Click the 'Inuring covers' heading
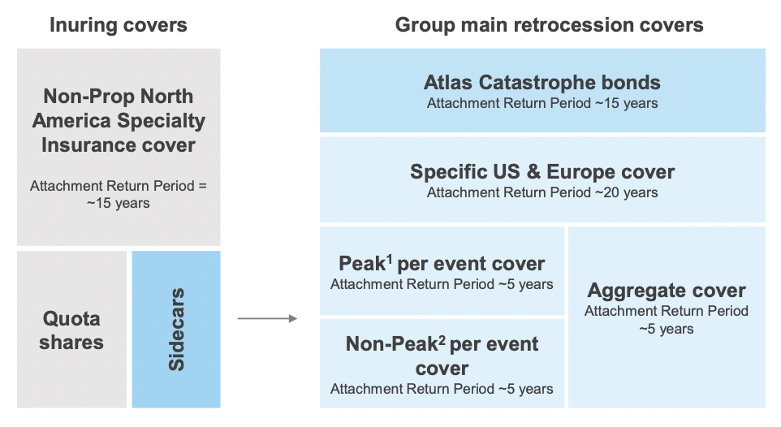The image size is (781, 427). [118, 25]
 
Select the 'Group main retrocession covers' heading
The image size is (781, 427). [549, 25]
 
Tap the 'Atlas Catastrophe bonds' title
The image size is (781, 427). [542, 83]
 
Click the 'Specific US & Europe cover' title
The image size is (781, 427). [542, 172]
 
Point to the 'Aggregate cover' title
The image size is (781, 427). [667, 291]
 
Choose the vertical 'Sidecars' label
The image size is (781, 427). [177, 330]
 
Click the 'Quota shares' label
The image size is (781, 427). [71, 330]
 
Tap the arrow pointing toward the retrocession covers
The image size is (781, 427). [267, 318]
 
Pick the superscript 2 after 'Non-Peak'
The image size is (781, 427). [442, 339]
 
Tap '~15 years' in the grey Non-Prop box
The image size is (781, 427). [118, 203]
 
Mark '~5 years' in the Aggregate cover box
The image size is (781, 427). [667, 330]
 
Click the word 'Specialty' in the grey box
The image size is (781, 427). [161, 121]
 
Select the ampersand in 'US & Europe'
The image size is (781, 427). [533, 172]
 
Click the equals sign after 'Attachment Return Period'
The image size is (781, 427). [202, 187]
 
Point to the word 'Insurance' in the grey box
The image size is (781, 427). [88, 145]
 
